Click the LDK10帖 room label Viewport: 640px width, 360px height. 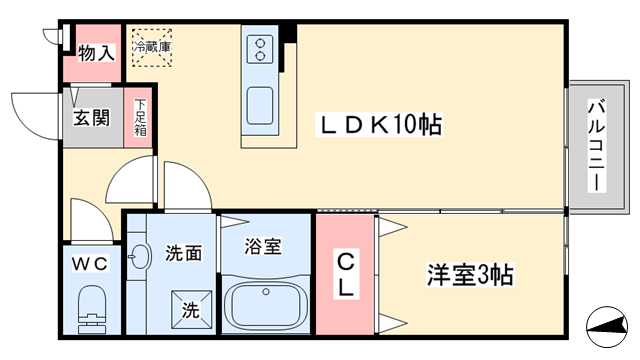[x=380, y=124]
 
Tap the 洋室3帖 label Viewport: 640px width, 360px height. [x=470, y=275]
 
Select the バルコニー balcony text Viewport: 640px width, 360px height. [x=596, y=145]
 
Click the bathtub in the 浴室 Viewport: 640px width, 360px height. [x=266, y=304]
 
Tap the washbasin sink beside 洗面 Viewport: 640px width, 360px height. [x=139, y=257]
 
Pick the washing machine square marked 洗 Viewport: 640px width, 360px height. [x=191, y=309]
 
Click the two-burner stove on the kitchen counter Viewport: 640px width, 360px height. [x=260, y=49]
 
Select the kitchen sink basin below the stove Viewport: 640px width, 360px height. [x=260, y=105]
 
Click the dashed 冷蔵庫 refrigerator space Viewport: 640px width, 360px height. [x=151, y=47]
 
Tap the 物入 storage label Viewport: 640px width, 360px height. [x=96, y=53]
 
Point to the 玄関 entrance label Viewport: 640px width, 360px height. [x=91, y=118]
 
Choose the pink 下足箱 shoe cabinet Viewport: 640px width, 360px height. [x=138, y=118]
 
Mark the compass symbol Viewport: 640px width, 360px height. [x=607, y=327]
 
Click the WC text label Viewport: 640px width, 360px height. [x=90, y=263]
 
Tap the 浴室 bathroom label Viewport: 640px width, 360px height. [x=262, y=246]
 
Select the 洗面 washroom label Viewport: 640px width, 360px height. [x=184, y=253]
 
